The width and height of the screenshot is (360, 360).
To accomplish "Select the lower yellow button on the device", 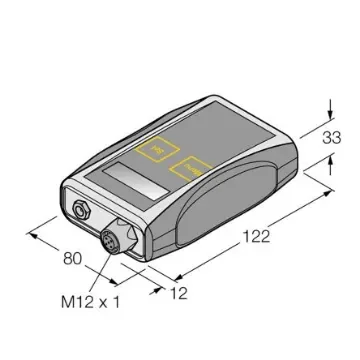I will tap(190, 169).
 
